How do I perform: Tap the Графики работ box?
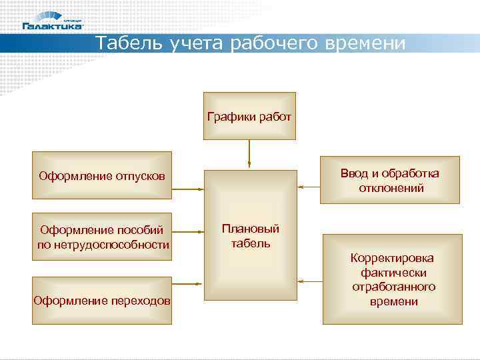coord(249,117)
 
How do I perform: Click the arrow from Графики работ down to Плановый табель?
coord(249,153)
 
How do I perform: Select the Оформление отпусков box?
coord(101,176)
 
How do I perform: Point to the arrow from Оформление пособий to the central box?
coord(188,232)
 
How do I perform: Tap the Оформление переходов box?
coord(102,301)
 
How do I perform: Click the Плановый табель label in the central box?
coord(250,236)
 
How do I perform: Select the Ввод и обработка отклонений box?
coord(389,180)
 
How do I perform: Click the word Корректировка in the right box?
coord(392,258)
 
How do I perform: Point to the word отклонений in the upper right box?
coord(391,188)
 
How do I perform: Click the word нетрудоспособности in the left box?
coord(103,245)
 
